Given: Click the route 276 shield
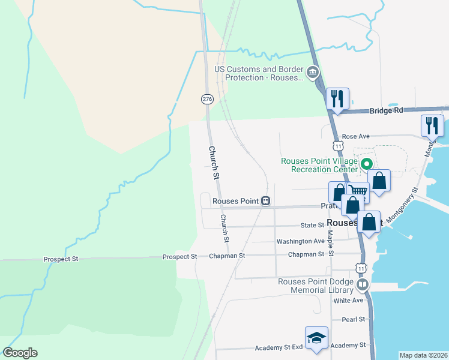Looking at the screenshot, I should (x=207, y=98).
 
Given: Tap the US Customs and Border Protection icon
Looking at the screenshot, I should (x=312, y=73).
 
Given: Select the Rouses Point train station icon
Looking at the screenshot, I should (x=265, y=202).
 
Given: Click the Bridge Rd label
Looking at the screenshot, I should (x=386, y=110).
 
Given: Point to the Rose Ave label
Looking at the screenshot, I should (x=354, y=137).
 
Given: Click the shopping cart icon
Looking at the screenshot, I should (x=358, y=192).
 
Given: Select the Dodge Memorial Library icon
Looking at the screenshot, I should (x=362, y=284).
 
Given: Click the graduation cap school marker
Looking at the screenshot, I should (x=316, y=337).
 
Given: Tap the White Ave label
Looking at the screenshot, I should (x=349, y=300).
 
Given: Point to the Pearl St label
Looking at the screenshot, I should (x=353, y=319).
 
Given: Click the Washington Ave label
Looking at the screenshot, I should (x=300, y=241).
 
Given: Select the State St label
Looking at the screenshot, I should (x=312, y=226).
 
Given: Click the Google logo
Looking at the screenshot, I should (x=20, y=353).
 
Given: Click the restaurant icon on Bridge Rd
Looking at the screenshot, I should (x=337, y=98).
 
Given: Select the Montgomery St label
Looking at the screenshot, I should (x=402, y=206).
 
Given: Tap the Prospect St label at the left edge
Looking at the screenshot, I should (x=61, y=259).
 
